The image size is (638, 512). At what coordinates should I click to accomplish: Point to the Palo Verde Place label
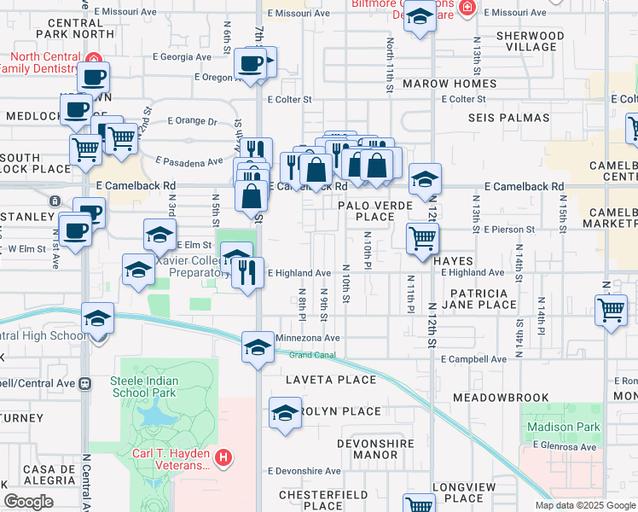[374, 211]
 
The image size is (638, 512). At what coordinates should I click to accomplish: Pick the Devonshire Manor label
[380, 449]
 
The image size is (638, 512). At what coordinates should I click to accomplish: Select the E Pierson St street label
[508, 230]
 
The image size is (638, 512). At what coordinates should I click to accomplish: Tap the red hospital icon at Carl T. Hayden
[223, 458]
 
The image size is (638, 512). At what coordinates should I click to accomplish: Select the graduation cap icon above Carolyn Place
[284, 413]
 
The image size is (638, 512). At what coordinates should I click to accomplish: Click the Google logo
[28, 502]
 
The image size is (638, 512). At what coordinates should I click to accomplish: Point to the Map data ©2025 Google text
[584, 505]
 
